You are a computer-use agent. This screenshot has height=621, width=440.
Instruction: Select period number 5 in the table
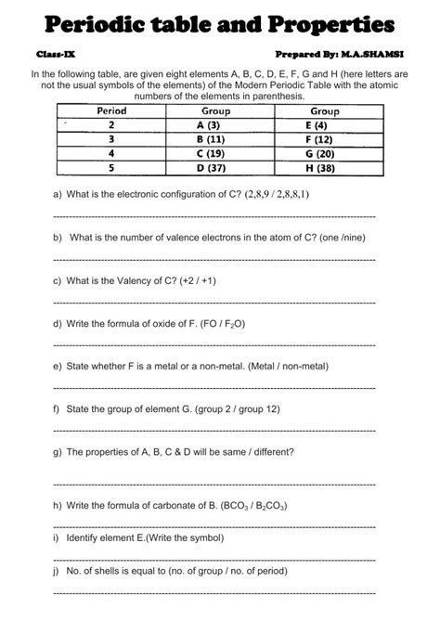point(111,168)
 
